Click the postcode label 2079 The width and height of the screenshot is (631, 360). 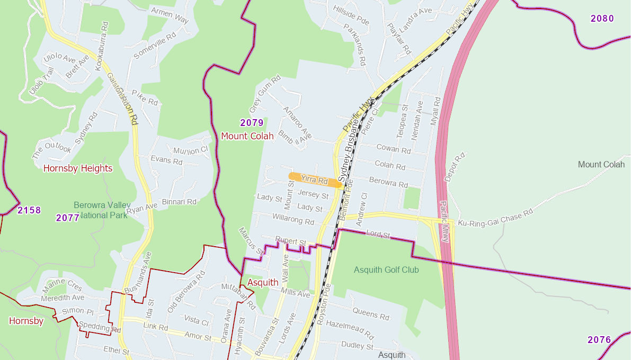[x=252, y=123]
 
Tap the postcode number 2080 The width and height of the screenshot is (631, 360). [x=602, y=19]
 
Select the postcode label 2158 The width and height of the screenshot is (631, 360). [x=29, y=210]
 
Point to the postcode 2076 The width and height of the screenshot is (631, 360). [x=599, y=340]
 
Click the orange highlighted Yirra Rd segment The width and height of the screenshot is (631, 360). [x=315, y=180]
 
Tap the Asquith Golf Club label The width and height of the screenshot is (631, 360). [x=386, y=270]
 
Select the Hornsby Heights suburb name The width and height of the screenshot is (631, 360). [x=78, y=168]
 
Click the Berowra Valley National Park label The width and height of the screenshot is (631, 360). [x=101, y=210]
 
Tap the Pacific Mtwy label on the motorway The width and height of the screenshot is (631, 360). [x=445, y=221]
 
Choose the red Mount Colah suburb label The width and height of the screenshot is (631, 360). [x=247, y=136]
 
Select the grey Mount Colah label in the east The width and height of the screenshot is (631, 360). [x=601, y=165]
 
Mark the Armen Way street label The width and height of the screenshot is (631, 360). [x=170, y=14]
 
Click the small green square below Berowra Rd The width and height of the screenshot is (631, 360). [x=412, y=199]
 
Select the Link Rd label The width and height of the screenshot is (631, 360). [x=155, y=328]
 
